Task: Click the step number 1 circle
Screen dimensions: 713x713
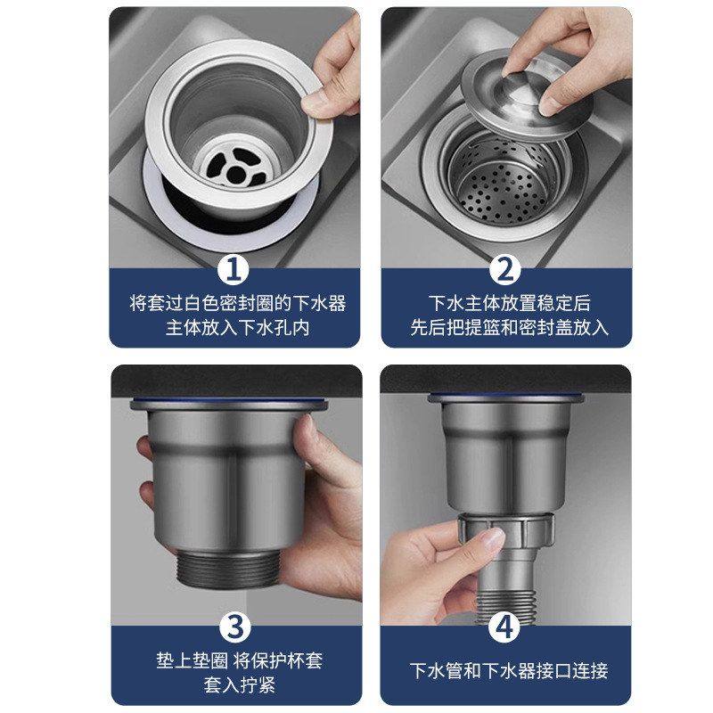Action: [x=234, y=268]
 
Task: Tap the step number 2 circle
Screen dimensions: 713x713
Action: [x=505, y=268]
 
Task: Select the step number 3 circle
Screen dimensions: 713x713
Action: [x=234, y=627]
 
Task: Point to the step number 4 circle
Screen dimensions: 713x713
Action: [x=505, y=627]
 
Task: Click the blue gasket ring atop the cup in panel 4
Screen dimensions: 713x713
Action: [x=504, y=397]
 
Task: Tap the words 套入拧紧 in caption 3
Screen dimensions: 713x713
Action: [x=235, y=685]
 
